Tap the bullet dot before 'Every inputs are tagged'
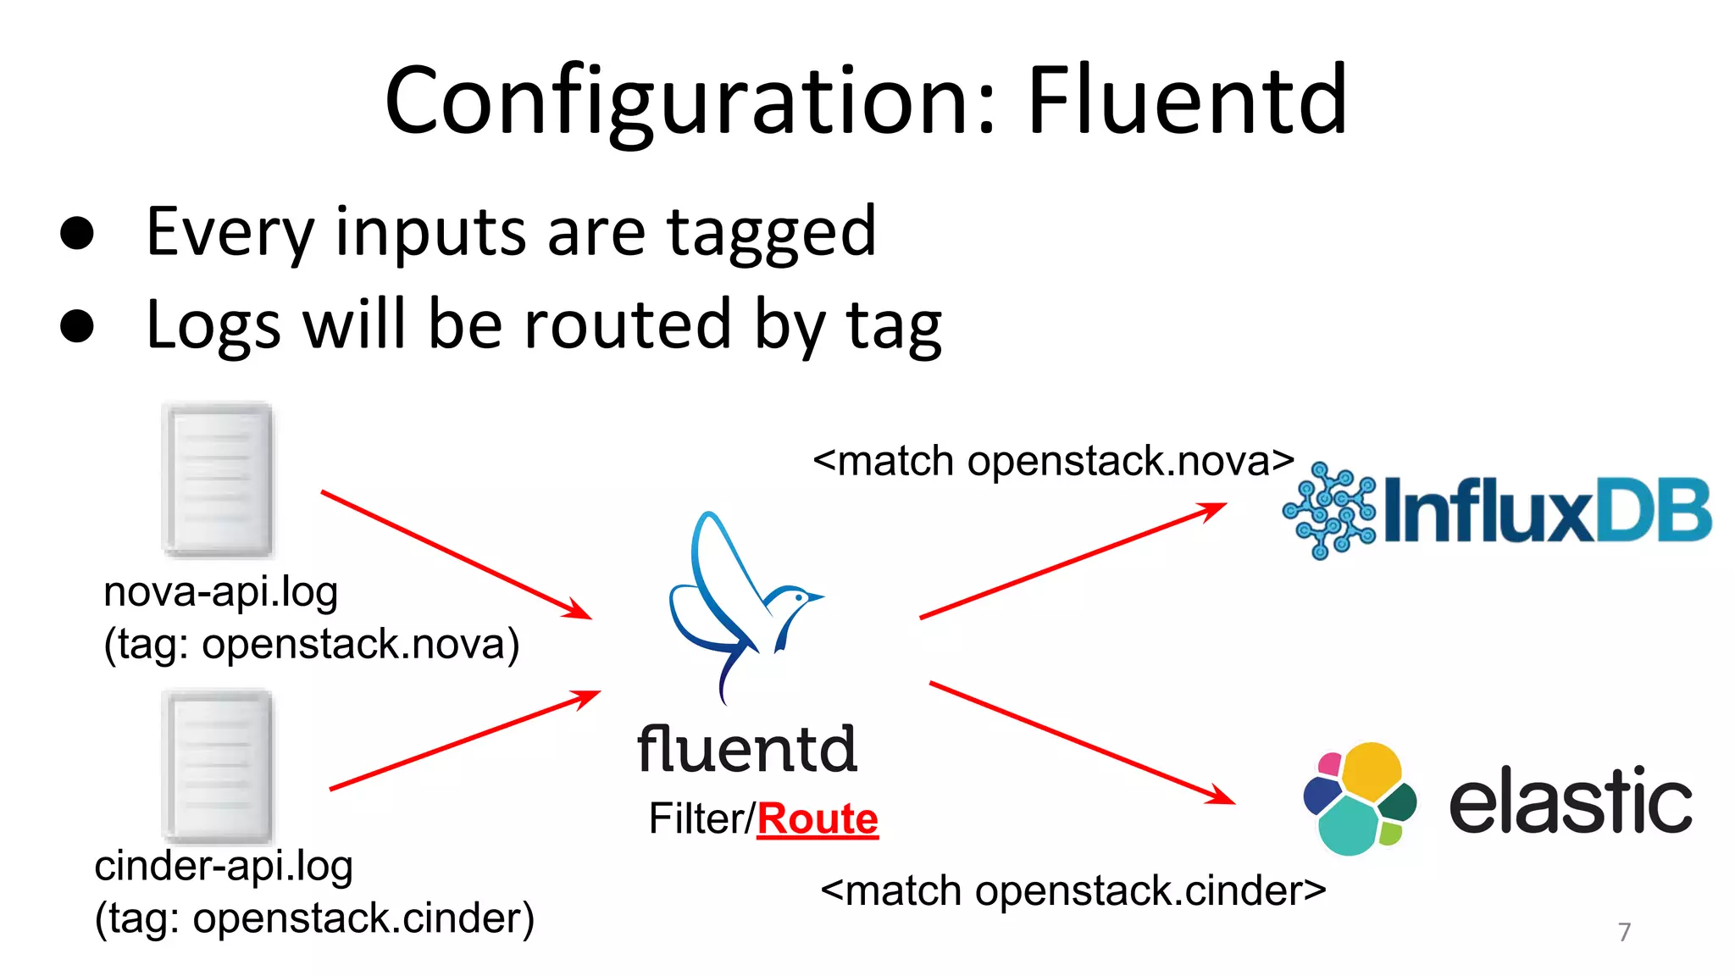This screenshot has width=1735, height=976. click(x=77, y=233)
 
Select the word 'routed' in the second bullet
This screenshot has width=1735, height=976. click(x=627, y=324)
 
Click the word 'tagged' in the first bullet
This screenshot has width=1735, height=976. click(x=771, y=233)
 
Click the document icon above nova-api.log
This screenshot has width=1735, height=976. click(x=219, y=480)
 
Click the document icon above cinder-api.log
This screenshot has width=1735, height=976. click(x=219, y=766)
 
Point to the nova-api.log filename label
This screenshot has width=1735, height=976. click(x=220, y=591)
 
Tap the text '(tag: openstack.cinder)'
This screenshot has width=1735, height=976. click(x=314, y=918)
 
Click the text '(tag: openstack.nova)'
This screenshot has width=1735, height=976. click(x=311, y=644)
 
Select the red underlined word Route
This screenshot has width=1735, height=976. click(x=818, y=819)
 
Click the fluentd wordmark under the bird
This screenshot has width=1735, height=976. click(x=746, y=749)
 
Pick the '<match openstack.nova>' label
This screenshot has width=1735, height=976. click(x=1053, y=462)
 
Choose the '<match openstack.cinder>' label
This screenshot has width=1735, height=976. click(x=1073, y=891)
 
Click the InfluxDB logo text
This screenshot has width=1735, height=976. click(x=1547, y=511)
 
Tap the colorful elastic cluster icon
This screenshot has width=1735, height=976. click(x=1360, y=799)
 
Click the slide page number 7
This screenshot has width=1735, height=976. click(x=1624, y=932)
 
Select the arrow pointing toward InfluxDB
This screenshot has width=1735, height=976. click(x=1073, y=561)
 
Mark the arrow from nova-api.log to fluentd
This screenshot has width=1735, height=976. click(x=456, y=555)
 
